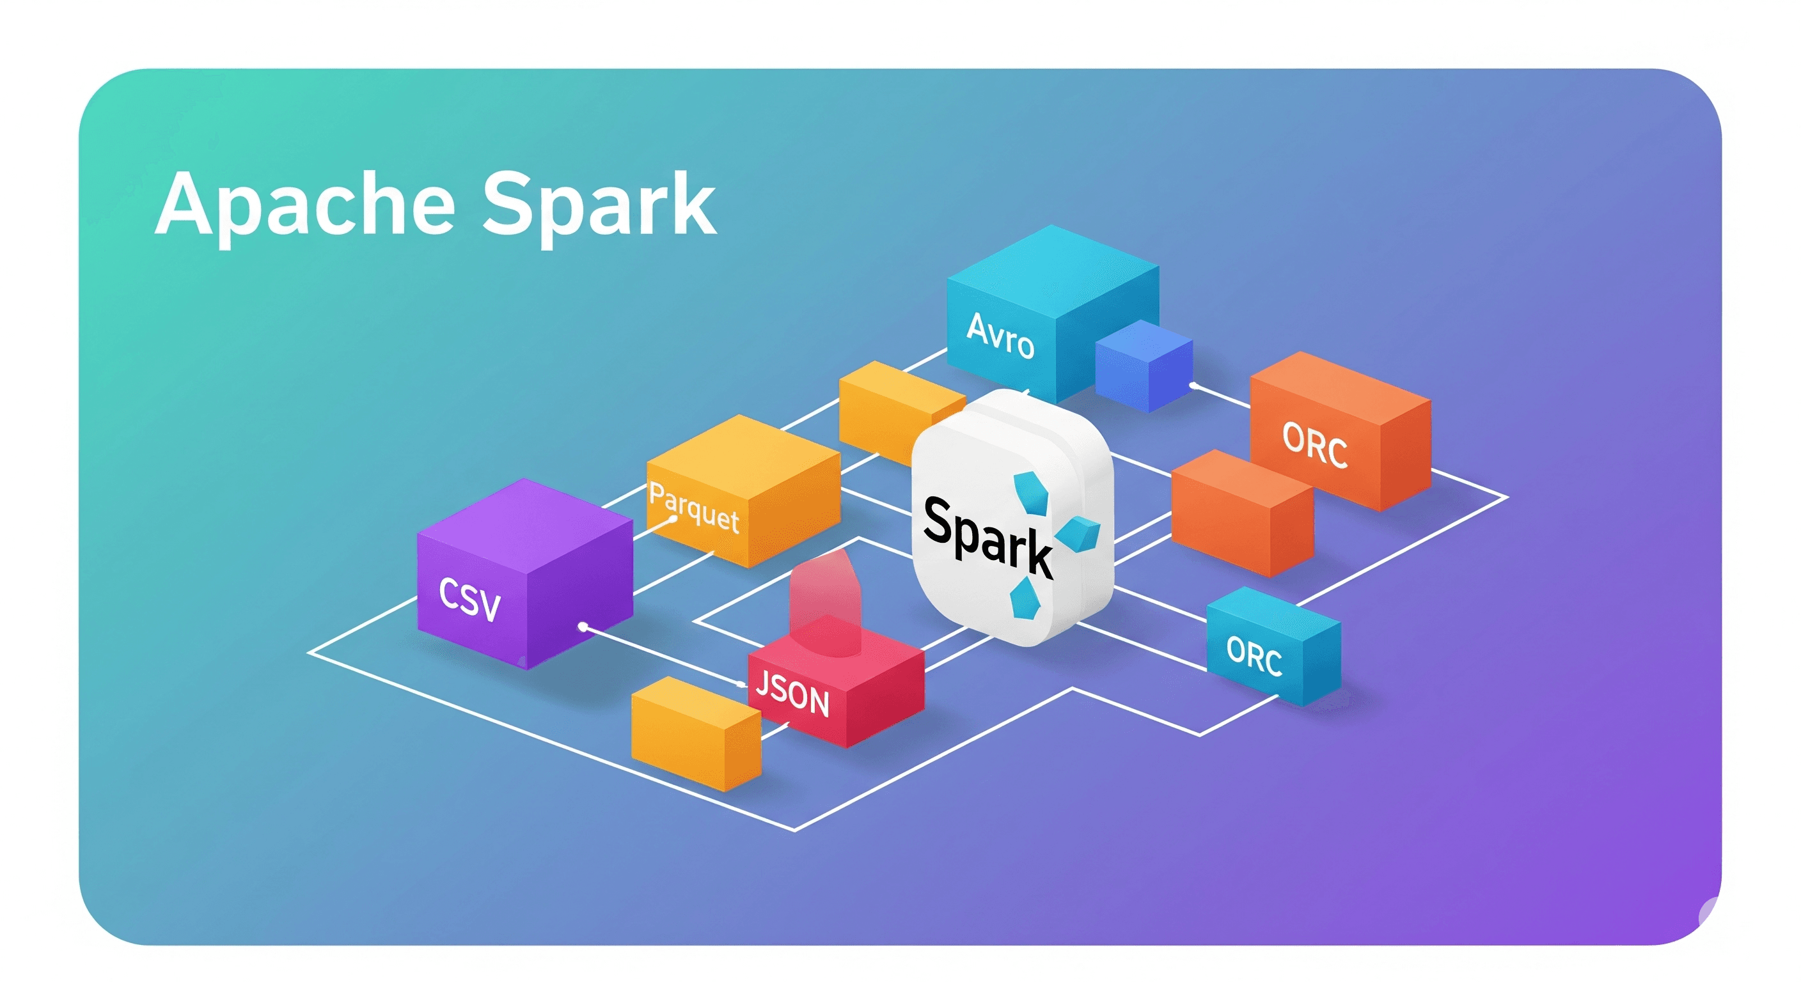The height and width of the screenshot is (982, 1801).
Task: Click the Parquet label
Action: (693, 508)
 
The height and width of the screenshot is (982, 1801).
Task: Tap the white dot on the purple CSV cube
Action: (583, 627)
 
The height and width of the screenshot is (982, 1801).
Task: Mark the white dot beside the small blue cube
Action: (1193, 384)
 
